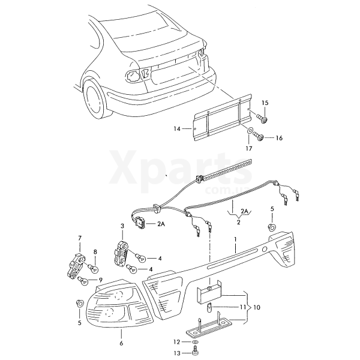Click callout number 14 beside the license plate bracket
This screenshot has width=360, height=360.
tap(177, 129)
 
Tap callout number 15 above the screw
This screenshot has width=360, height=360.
tap(265, 103)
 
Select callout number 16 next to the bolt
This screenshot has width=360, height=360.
tap(279, 138)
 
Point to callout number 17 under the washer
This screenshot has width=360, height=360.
tap(249, 149)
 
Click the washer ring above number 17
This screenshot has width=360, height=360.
tap(249, 131)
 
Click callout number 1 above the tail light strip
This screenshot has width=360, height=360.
tap(235, 239)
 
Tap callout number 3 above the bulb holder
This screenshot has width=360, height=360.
tap(122, 226)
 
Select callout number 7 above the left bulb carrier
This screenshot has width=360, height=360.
tap(80, 238)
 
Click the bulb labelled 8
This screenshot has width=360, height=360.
tap(94, 268)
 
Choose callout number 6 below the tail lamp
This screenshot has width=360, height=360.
tap(121, 343)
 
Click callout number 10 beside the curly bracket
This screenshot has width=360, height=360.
tap(257, 307)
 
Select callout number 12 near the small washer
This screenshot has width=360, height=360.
tap(176, 342)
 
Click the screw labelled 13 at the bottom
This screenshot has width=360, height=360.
tap(195, 353)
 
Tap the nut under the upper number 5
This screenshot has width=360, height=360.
tap(272, 227)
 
